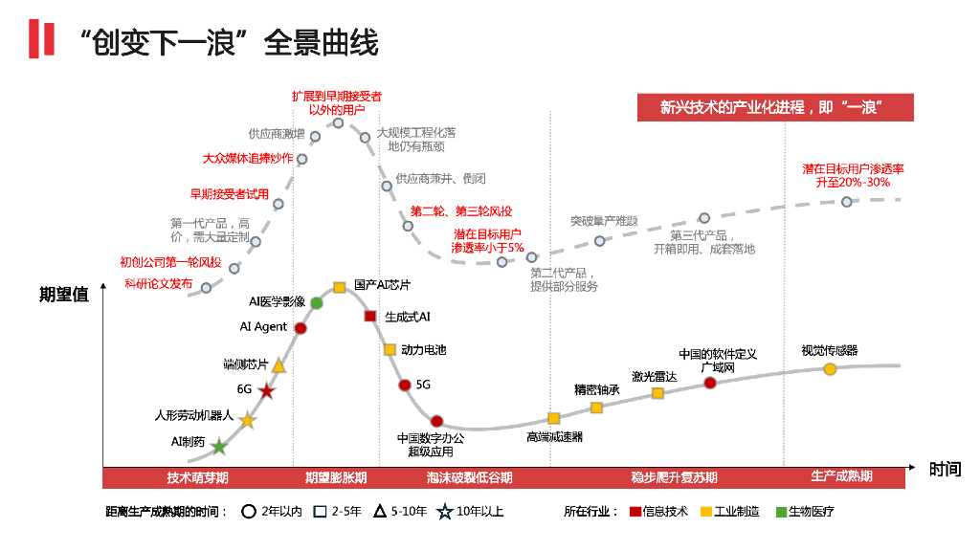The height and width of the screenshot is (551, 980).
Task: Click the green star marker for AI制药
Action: click(219, 446)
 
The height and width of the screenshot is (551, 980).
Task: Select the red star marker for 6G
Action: click(266, 391)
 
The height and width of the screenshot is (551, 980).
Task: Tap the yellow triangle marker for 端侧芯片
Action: click(278, 365)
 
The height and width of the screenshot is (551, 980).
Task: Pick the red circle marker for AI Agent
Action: click(301, 328)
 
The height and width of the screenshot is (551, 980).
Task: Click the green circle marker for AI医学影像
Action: click(317, 303)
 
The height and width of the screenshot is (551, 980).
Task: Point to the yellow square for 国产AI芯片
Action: click(339, 287)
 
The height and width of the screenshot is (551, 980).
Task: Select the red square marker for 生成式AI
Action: click(370, 317)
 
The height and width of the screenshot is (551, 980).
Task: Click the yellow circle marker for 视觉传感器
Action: click(830, 369)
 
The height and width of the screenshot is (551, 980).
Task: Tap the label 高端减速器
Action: click(554, 437)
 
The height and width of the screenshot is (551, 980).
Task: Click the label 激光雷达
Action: click(654, 377)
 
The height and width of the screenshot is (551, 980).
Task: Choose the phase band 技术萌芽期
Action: click(197, 477)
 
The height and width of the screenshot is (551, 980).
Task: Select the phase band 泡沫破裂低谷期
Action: click(469, 477)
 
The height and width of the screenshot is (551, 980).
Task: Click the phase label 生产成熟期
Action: click(841, 476)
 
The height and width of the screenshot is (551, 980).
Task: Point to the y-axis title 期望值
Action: click(64, 295)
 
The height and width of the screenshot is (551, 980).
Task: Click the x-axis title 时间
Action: click(944, 469)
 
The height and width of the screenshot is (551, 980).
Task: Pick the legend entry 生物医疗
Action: click(811, 512)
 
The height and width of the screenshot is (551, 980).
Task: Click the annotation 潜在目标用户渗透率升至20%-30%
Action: click(853, 175)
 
